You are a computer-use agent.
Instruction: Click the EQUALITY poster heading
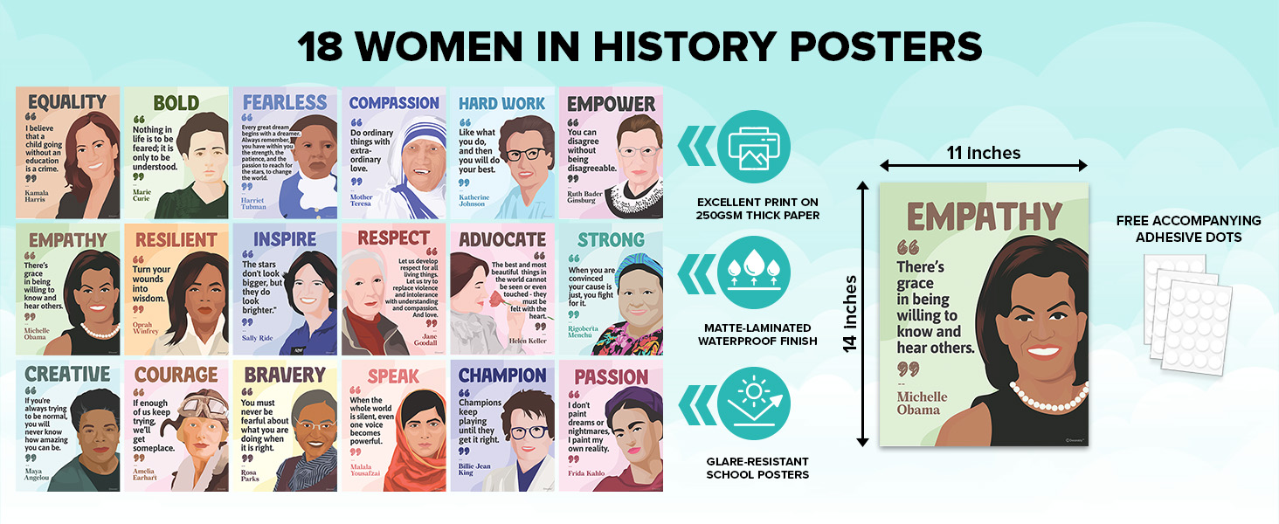click(66, 103)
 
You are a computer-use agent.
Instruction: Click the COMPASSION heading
click(394, 103)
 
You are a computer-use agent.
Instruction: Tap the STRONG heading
click(611, 239)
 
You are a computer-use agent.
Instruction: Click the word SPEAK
click(393, 376)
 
